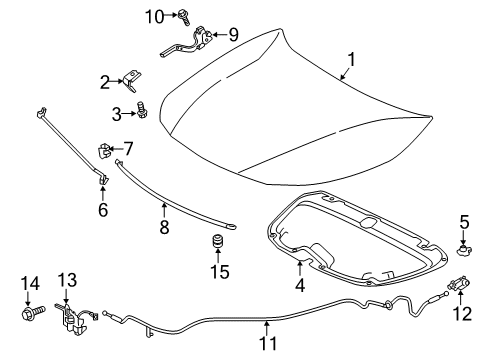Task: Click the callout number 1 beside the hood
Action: click(x=351, y=60)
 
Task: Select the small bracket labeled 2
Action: click(x=132, y=80)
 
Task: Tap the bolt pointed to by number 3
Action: click(x=142, y=109)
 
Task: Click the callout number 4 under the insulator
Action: click(x=300, y=285)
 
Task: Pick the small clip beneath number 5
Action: click(x=464, y=249)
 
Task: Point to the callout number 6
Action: click(x=103, y=209)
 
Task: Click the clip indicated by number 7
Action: click(x=104, y=150)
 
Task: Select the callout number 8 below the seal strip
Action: click(x=164, y=227)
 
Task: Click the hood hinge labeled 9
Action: click(x=187, y=41)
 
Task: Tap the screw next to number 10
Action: click(x=184, y=17)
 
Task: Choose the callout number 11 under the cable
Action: click(x=268, y=343)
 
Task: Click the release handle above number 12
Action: click(x=459, y=283)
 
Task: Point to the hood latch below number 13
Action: click(x=74, y=318)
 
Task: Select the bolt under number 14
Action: click(x=33, y=313)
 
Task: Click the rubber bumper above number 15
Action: click(x=218, y=242)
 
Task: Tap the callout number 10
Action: click(x=155, y=16)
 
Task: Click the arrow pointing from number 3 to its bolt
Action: click(x=129, y=114)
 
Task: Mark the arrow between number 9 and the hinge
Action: click(x=218, y=34)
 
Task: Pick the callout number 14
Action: click(x=30, y=283)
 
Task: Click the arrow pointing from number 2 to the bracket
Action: click(x=116, y=81)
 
